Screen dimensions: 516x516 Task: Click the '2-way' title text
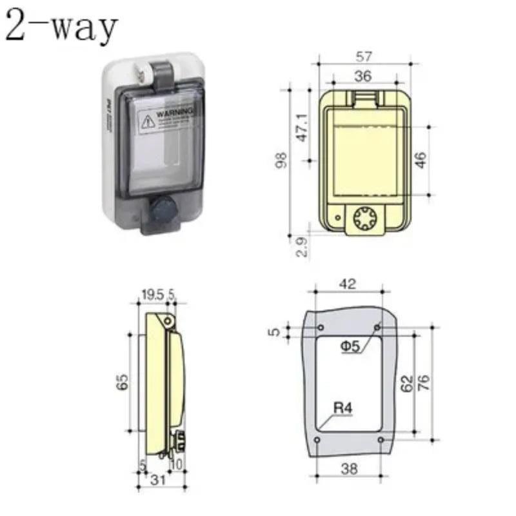[x=62, y=27]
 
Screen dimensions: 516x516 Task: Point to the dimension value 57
[x=363, y=57]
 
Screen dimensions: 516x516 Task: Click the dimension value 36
[x=363, y=76]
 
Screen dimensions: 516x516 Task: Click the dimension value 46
[x=421, y=159]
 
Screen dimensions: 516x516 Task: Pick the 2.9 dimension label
[x=301, y=245]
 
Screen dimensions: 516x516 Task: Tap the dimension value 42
[x=348, y=284]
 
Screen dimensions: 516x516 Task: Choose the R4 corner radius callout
[x=342, y=408]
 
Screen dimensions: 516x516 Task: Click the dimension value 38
[x=349, y=469]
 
